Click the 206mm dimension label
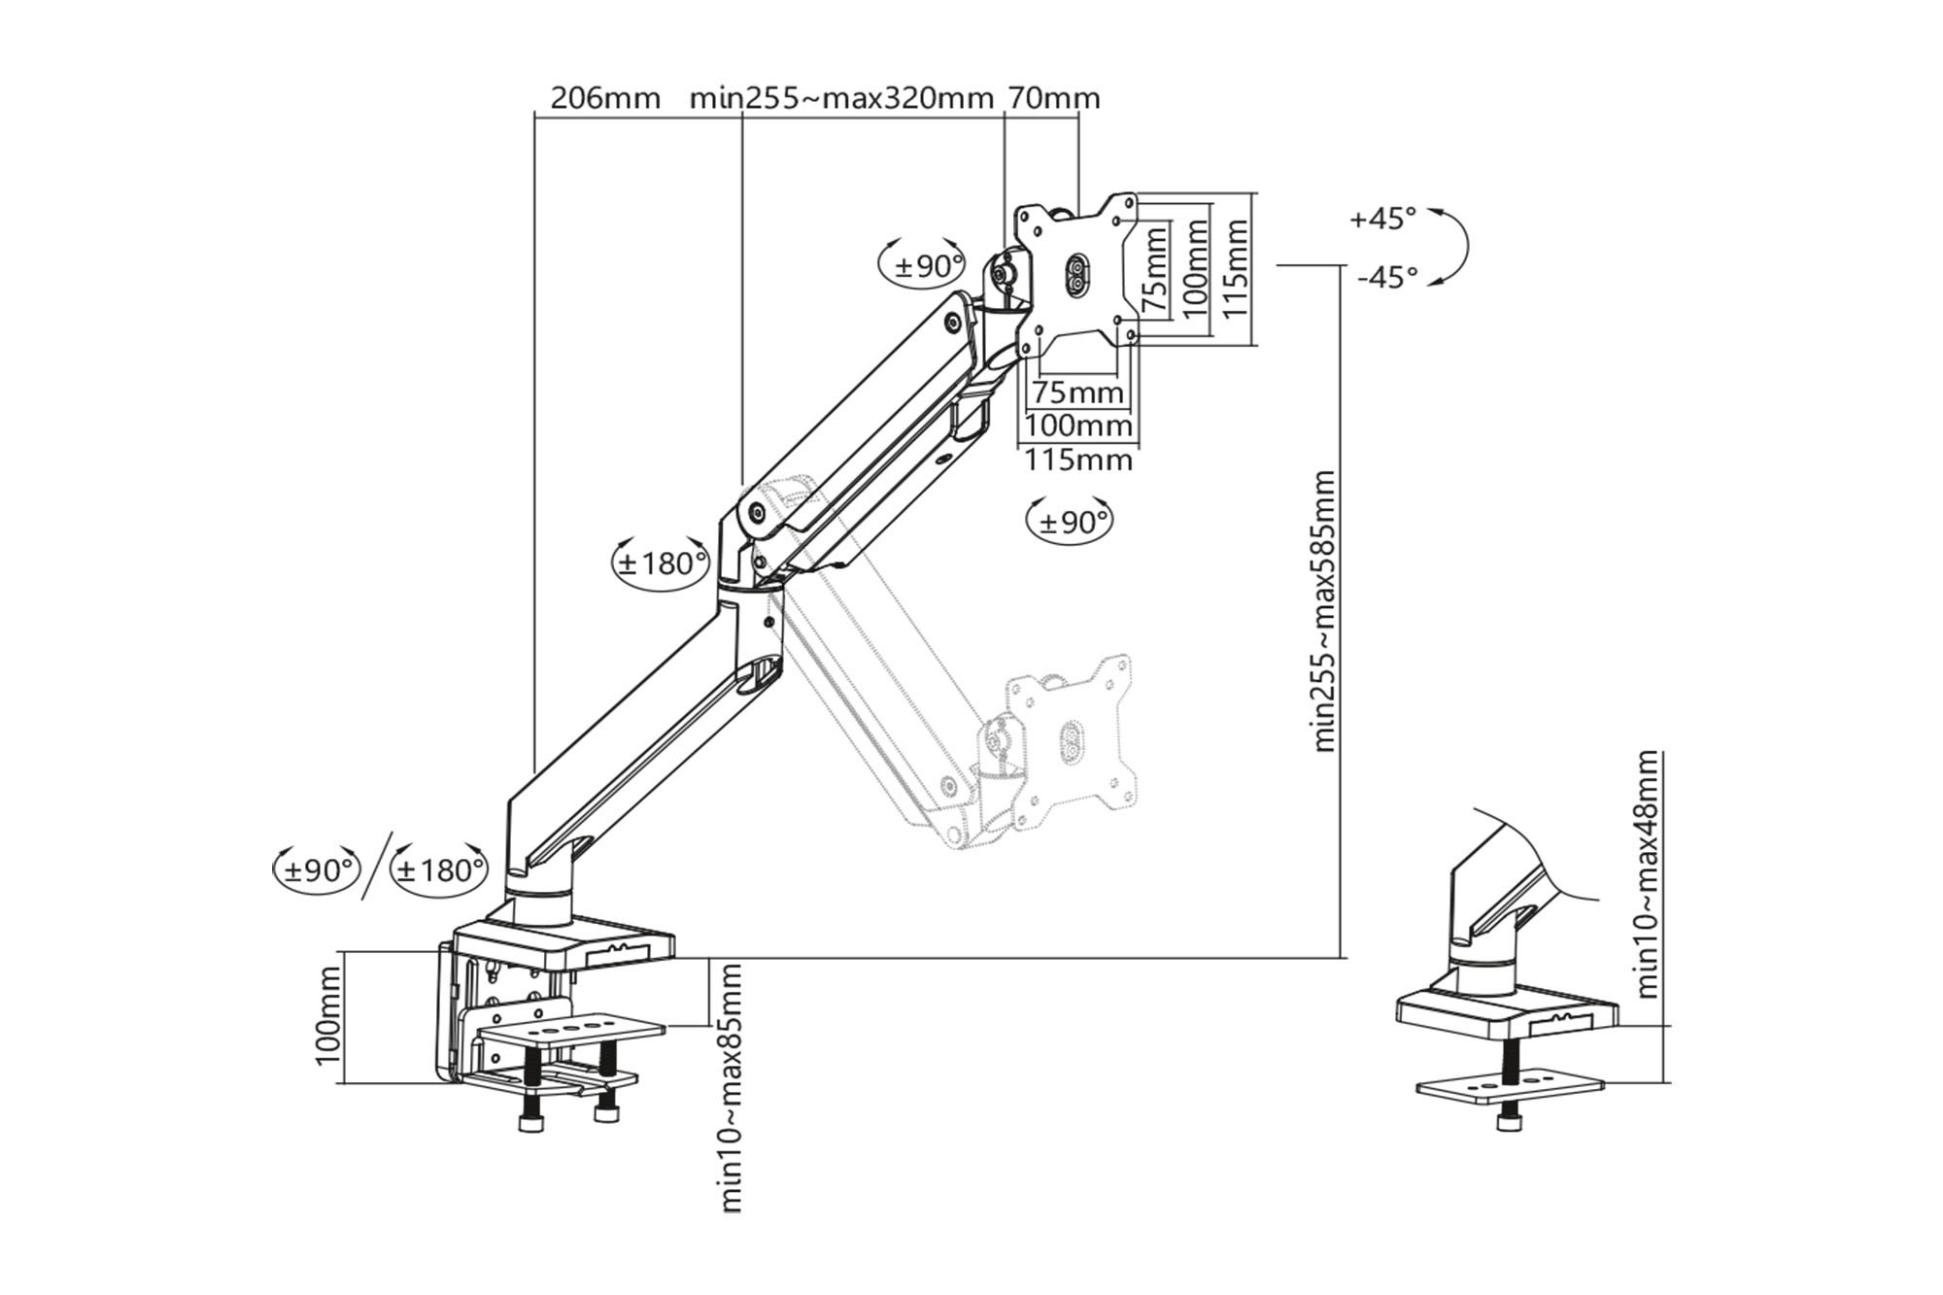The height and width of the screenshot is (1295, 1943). tap(605, 98)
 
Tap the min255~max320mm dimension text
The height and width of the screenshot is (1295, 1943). tap(841, 98)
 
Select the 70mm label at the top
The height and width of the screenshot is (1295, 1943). tap(1054, 98)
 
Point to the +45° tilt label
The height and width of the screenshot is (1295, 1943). tap(1382, 219)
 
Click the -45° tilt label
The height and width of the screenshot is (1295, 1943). tap(1387, 278)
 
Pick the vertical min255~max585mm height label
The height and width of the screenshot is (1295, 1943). tap(1324, 611)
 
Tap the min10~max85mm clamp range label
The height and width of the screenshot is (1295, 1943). tap(732, 1088)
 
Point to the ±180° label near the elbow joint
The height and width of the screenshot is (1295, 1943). tap(662, 562)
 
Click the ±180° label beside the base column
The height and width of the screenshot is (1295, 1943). tap(439, 869)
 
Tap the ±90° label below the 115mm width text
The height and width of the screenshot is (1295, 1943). tap(1071, 522)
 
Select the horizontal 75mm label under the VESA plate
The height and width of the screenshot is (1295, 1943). tap(1076, 393)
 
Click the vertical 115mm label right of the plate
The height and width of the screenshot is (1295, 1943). tap(1235, 268)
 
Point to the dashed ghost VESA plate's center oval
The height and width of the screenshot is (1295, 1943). tap(1070, 740)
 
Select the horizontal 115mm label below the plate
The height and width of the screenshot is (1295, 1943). tap(1078, 460)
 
